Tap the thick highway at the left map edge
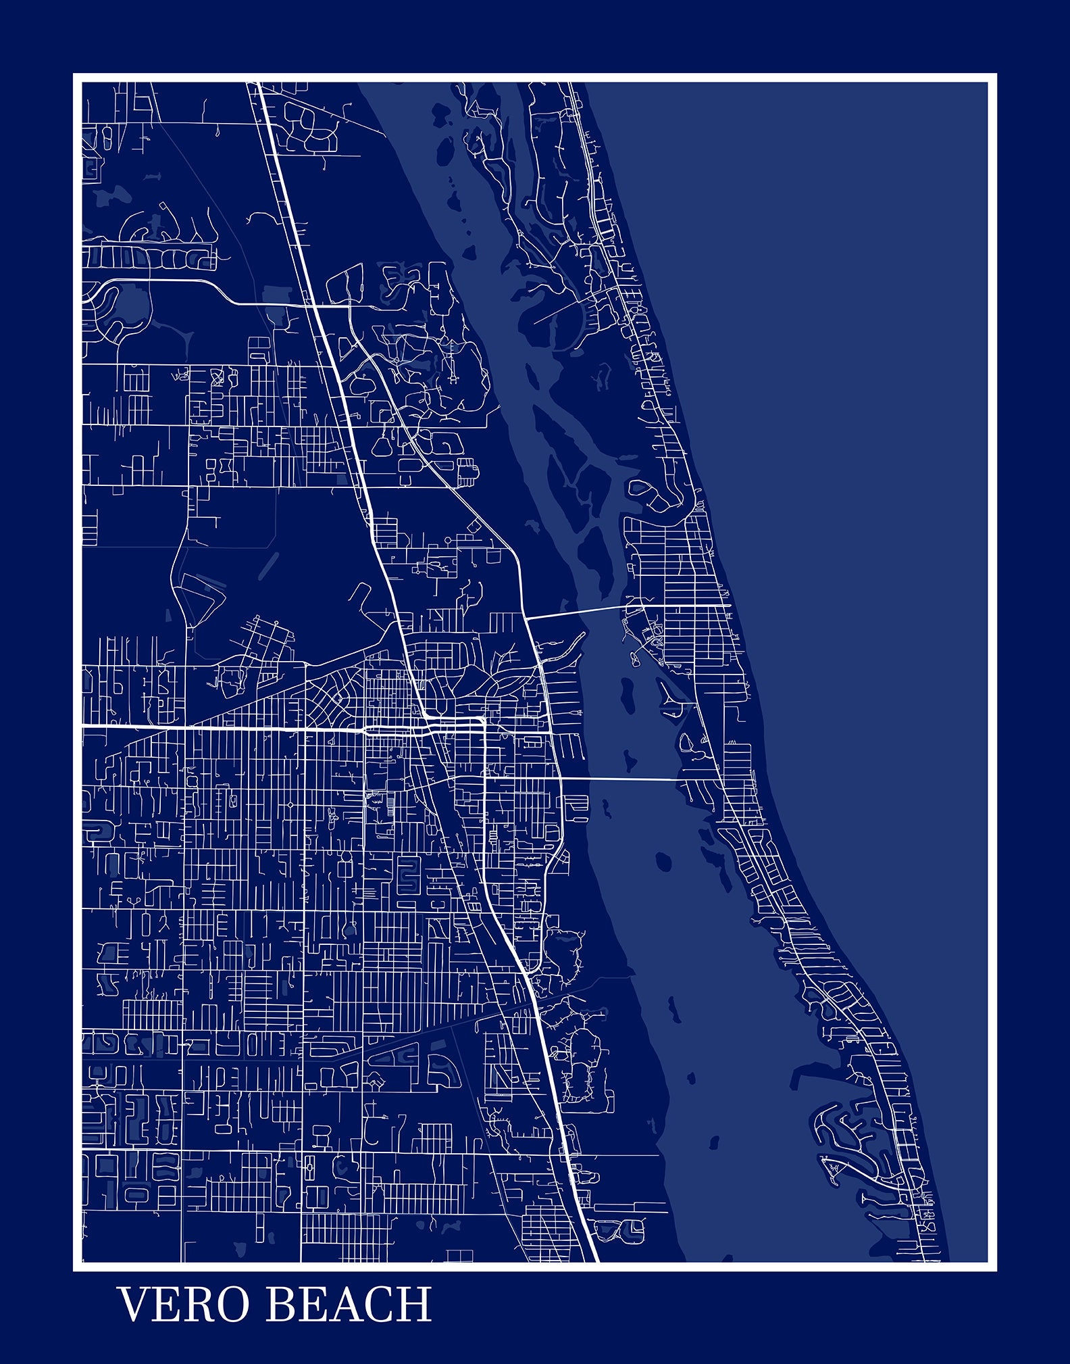click(x=84, y=726)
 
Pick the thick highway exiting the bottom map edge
click(x=596, y=1259)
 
